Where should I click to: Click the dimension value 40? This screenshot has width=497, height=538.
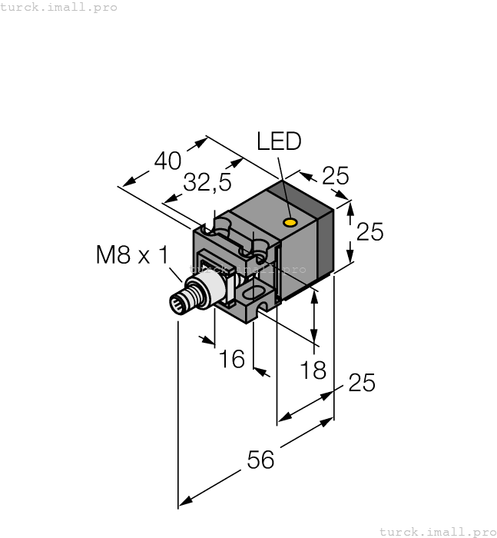click(x=167, y=161)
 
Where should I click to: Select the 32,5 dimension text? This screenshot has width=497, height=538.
click(x=207, y=183)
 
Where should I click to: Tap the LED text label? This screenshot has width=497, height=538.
click(x=279, y=141)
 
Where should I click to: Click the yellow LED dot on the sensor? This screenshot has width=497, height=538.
click(x=290, y=223)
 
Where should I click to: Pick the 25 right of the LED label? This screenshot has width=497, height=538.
click(x=335, y=177)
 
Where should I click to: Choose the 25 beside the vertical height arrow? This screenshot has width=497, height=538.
click(x=369, y=231)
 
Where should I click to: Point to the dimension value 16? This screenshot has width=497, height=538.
click(x=230, y=358)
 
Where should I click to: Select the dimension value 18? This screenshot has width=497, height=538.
click(x=313, y=370)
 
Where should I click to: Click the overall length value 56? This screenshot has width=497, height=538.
click(x=260, y=460)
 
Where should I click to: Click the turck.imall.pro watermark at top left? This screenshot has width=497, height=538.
click(x=59, y=7)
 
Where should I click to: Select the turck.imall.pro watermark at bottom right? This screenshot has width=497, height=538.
click(x=438, y=531)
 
